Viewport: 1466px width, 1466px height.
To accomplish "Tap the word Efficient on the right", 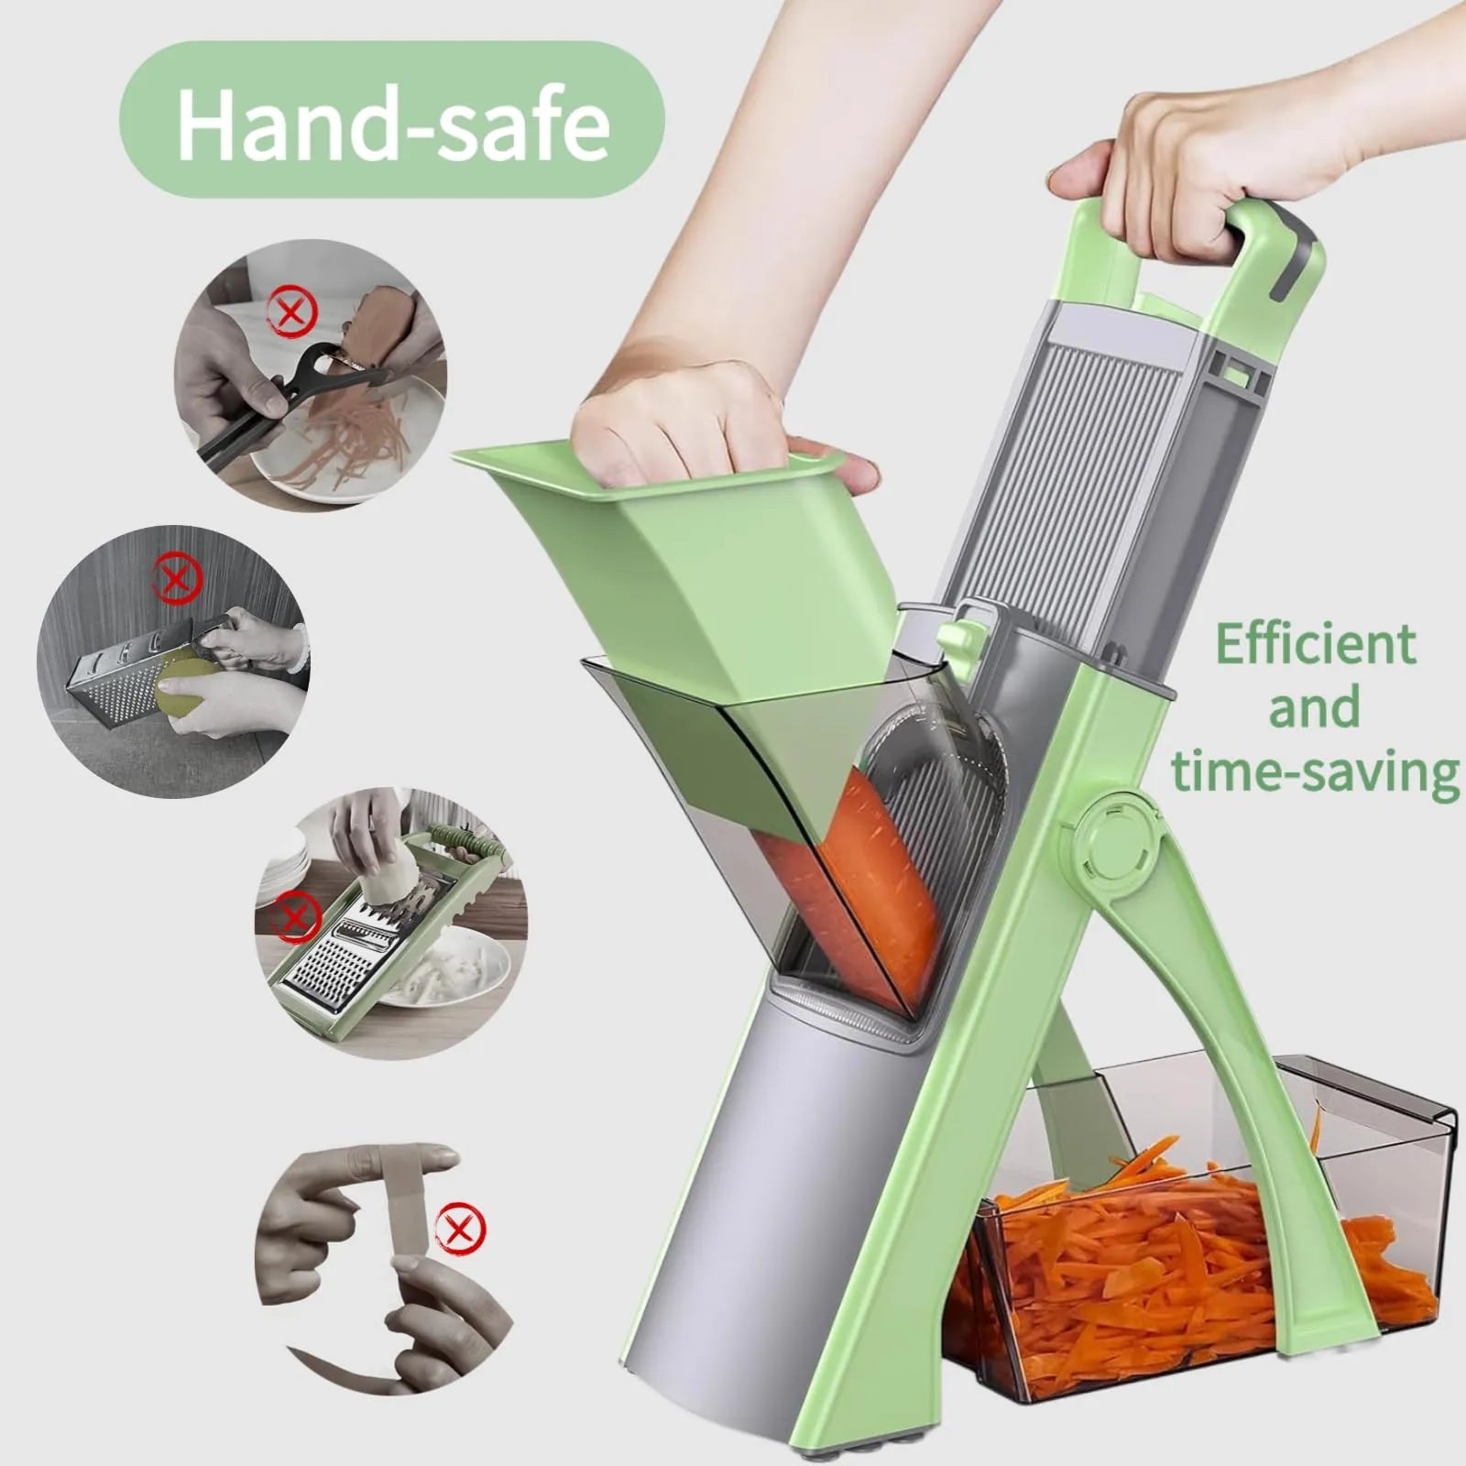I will point(1316,646).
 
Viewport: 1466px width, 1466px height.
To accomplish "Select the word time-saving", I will point(1316,771).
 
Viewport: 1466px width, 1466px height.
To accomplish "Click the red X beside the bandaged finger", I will point(461,1227).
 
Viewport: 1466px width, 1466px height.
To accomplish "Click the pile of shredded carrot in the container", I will point(1191,1264).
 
